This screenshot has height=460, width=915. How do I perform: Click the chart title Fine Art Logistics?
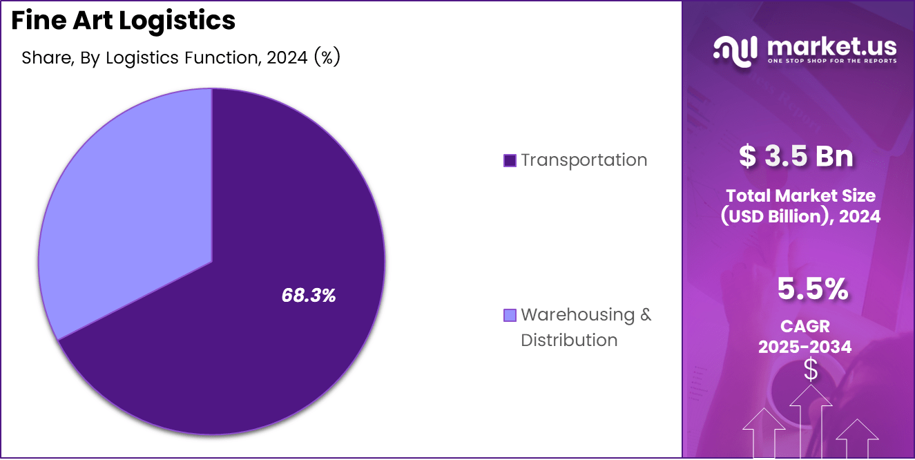[x=124, y=21]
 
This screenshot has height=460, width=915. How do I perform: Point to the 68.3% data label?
[x=308, y=296]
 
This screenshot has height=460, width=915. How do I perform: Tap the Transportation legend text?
[x=584, y=160]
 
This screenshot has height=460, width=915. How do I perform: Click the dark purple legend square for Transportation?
[x=510, y=160]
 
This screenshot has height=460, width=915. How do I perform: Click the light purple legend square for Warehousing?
[x=510, y=316]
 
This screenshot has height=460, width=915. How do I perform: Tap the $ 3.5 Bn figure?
[x=796, y=157]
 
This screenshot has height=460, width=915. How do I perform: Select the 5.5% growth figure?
[x=812, y=289]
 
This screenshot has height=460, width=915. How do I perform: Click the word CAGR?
[x=805, y=325]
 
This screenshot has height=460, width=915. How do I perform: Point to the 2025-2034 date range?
[x=805, y=347]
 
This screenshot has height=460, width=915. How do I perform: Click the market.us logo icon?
[x=736, y=52]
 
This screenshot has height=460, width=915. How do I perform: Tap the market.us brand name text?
[x=831, y=46]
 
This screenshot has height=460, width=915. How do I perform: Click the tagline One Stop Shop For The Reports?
[x=831, y=61]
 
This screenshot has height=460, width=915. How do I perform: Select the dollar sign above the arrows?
[x=811, y=370]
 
